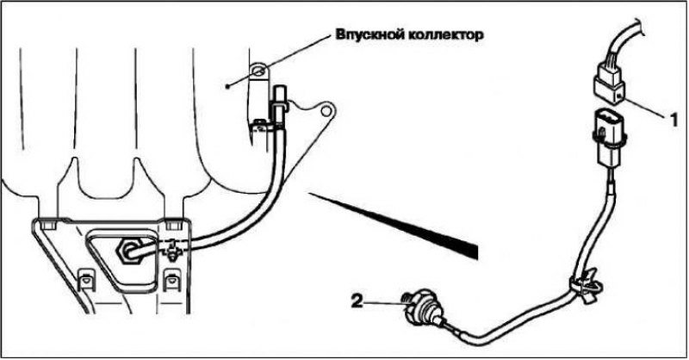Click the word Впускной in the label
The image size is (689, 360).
point(367,34)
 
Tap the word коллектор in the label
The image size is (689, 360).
point(443,34)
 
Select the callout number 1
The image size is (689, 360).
point(674,120)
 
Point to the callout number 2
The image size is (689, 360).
point(357,301)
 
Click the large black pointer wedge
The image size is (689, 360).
point(394,224)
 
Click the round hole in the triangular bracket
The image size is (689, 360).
point(326,110)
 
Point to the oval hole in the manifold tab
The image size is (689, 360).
point(258,70)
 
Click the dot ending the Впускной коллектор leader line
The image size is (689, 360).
point(227,87)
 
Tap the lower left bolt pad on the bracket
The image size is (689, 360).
point(85,281)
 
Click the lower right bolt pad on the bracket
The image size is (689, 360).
point(171,281)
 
